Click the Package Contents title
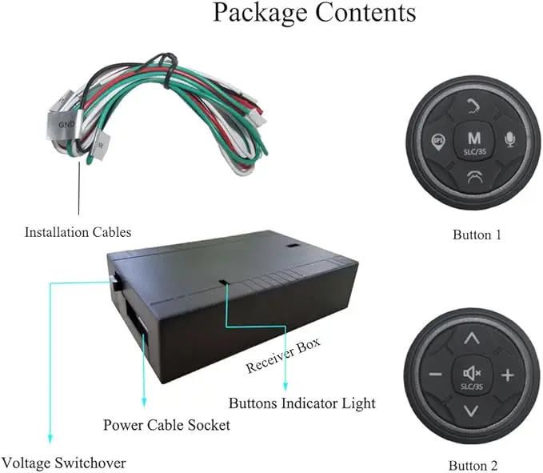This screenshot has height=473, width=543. (x=314, y=13)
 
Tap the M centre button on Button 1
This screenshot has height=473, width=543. (x=474, y=142)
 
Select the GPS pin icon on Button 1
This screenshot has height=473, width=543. (x=438, y=142)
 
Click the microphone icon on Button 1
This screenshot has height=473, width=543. (x=509, y=139)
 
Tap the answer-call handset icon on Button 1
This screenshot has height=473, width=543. (x=473, y=106)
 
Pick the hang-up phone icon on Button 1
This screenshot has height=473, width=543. (x=474, y=177)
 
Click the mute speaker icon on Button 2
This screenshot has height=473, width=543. (x=472, y=373)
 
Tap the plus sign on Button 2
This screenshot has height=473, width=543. (x=508, y=375)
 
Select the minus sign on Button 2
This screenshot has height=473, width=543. (x=435, y=375)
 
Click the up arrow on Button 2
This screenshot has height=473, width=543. (x=471, y=339)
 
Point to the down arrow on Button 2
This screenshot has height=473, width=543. (x=471, y=411)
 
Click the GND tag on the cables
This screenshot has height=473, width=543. (x=65, y=124)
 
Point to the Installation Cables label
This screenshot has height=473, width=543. (x=78, y=232)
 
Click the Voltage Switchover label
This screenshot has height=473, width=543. (x=64, y=463)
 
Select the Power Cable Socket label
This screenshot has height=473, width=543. (x=166, y=425)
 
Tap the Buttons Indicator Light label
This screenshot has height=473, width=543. (x=302, y=403)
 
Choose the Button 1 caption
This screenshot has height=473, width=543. (x=477, y=235)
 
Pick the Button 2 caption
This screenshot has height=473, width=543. (x=473, y=465)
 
